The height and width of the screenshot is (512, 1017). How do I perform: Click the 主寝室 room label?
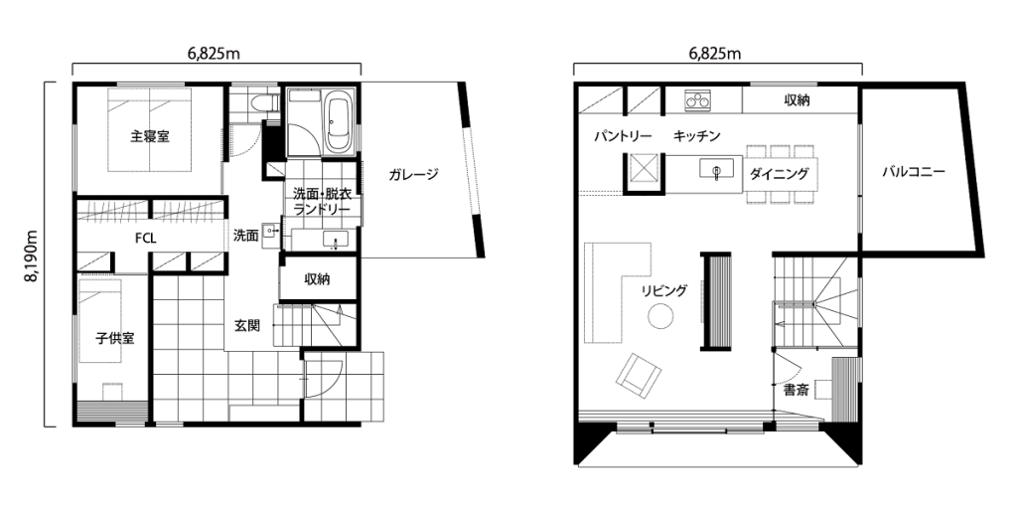[x=150, y=137]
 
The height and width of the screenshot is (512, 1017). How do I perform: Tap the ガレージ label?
[x=414, y=174]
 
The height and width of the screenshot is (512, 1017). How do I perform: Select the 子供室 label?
[x=115, y=338]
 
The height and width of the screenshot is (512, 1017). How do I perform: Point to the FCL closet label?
[x=145, y=239]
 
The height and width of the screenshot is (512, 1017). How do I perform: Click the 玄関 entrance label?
[x=247, y=326]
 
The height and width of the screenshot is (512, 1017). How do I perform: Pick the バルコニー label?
[x=914, y=173]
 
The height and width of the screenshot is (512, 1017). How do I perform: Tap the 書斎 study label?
[x=796, y=391]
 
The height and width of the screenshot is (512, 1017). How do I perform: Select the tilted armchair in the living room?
[x=639, y=375]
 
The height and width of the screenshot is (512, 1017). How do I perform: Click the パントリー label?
[x=623, y=137]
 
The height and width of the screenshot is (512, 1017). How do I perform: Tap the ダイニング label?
[x=779, y=174]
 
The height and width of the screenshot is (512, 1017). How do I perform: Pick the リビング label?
[x=664, y=290]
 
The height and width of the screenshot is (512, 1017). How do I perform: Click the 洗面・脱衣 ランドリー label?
[x=323, y=201]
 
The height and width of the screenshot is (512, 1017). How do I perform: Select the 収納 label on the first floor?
[x=317, y=279]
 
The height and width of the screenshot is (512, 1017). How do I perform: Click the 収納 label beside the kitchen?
[x=797, y=100]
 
